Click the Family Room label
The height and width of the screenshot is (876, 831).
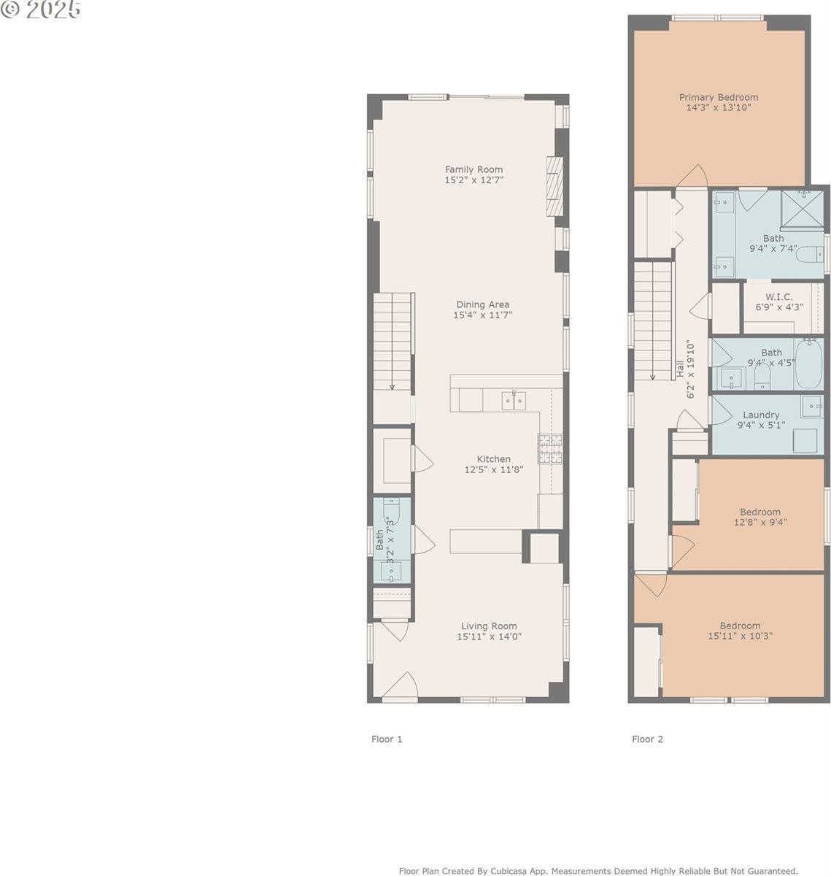474,169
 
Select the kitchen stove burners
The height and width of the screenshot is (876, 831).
550,449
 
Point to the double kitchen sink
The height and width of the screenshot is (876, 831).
514,400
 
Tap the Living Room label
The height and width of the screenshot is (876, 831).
489,626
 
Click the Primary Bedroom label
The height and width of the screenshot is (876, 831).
718,97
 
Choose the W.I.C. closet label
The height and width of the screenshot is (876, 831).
778,297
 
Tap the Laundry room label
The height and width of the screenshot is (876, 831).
761,415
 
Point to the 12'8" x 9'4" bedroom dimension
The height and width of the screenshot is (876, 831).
760,523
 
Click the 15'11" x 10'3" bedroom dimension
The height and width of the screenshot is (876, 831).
740,636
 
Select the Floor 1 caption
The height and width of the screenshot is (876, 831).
387,739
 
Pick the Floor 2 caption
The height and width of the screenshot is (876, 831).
647,739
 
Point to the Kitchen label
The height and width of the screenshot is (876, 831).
493,459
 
